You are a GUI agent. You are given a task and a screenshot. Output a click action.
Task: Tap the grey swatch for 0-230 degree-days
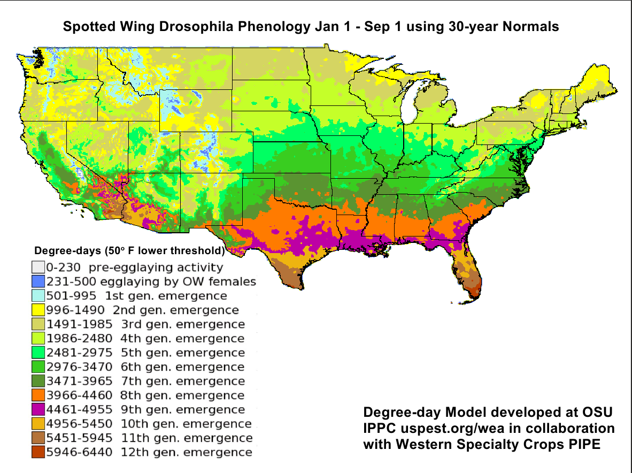pos(37,267)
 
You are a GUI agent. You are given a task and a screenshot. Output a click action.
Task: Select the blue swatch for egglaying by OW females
pos(37,281)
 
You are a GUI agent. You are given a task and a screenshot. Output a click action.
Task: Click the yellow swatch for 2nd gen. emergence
pos(37,310)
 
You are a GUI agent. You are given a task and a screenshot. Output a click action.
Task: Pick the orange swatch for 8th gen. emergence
pos(37,395)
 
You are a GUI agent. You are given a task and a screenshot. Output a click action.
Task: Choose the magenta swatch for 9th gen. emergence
pos(37,410)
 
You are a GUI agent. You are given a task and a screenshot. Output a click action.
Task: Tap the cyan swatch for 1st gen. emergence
pos(37,296)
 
